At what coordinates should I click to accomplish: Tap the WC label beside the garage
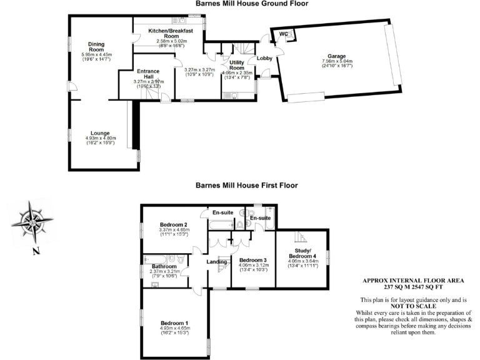click(x=283, y=34)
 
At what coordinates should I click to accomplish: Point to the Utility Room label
click(x=237, y=66)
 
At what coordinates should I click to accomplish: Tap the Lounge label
click(x=100, y=133)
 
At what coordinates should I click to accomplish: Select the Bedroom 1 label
click(x=174, y=322)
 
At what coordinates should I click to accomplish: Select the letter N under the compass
click(x=36, y=252)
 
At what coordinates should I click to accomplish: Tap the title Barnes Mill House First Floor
click(x=246, y=186)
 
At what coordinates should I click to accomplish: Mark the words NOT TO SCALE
click(x=414, y=306)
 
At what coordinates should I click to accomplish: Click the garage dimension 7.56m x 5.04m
click(x=337, y=61)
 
